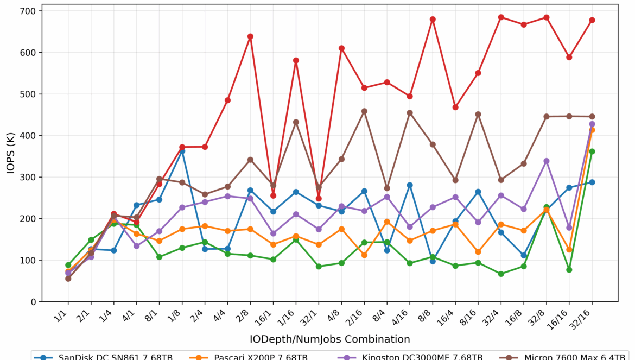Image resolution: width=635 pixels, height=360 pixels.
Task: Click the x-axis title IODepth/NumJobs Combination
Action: point(330,339)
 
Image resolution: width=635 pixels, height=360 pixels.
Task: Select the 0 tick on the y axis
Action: point(33,302)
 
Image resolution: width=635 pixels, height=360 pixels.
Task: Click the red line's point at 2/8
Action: point(250,36)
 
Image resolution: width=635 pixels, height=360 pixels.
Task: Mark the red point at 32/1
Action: point(319,198)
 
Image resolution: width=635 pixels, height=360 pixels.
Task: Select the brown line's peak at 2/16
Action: point(364,111)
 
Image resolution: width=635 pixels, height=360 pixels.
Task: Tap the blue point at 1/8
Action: point(182,150)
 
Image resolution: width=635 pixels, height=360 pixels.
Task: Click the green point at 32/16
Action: point(592,151)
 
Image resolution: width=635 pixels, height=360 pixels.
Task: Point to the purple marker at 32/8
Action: point(547,161)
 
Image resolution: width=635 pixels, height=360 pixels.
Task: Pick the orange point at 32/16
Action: point(592,130)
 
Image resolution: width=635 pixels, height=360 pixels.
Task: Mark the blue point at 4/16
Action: point(410,185)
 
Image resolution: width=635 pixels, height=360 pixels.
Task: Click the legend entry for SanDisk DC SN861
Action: point(104,357)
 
